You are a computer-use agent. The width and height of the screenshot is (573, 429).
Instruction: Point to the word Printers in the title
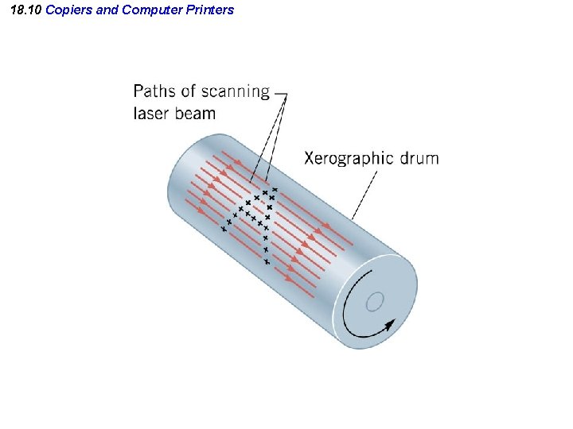coord(209,10)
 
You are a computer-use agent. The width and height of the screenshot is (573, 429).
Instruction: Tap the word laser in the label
coord(149,113)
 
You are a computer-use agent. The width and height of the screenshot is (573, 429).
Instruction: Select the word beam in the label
coord(194,113)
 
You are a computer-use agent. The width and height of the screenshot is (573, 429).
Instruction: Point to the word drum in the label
coord(419,157)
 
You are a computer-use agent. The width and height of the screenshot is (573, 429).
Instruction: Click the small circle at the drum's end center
coord(376,301)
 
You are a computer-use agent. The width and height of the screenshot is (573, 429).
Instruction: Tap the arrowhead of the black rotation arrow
coord(389,323)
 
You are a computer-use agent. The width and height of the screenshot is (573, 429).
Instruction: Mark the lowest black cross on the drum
coord(267,261)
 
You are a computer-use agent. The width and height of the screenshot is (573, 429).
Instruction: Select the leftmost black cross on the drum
coord(224,229)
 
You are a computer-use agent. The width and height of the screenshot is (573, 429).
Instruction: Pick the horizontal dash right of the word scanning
coord(279,91)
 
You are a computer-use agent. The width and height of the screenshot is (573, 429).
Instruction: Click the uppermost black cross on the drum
coord(275,189)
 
